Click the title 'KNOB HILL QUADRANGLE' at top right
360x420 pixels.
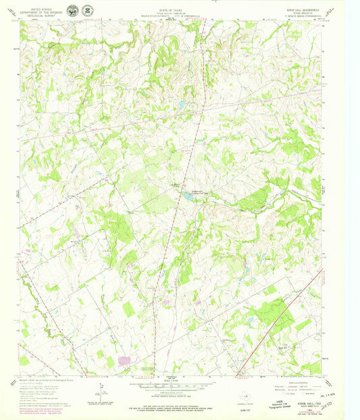[x=309, y=9]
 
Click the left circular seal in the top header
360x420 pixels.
[x=73, y=11]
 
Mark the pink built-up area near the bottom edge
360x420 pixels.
[x=125, y=361]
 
